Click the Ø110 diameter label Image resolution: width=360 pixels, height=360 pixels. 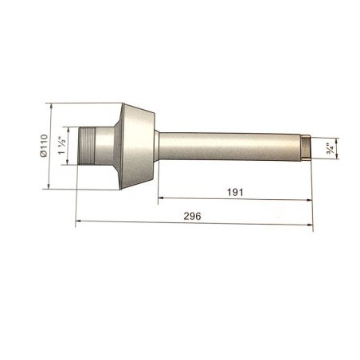pyautogui.click(x=44, y=146)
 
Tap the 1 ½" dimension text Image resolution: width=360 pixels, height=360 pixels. pyautogui.click(x=62, y=146)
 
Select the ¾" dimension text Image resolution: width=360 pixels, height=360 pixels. pyautogui.click(x=331, y=149)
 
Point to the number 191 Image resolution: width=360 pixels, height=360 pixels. pyautogui.click(x=235, y=192)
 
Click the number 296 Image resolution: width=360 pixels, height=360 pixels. pyautogui.click(x=192, y=216)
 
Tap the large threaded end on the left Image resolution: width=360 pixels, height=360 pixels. pyautogui.click(x=87, y=146)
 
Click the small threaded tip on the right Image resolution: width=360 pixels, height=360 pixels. pyautogui.click(x=307, y=147)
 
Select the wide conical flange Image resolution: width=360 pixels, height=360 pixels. pyautogui.click(x=137, y=147)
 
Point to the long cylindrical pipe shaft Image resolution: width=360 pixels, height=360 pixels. pyautogui.click(x=230, y=147)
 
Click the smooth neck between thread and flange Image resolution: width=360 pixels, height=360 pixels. pyautogui.click(x=104, y=146)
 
